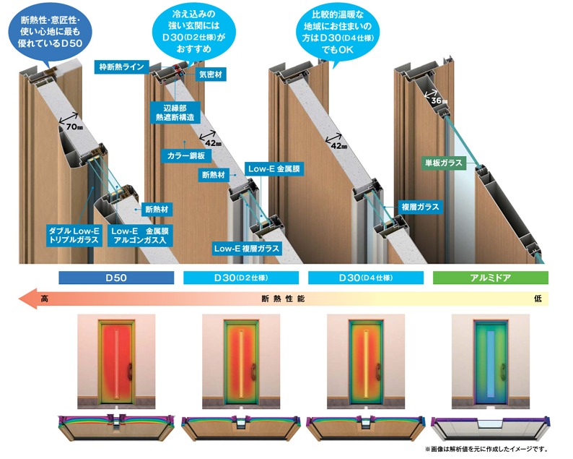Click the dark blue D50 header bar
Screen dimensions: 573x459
click(116, 278)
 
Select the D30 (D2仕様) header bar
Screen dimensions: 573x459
click(241, 278)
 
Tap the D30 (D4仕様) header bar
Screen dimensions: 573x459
click(366, 278)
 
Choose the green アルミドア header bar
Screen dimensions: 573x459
click(491, 278)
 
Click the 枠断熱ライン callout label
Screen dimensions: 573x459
click(122, 67)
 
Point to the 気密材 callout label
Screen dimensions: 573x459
click(211, 74)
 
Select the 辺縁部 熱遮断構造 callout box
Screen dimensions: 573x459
click(175, 113)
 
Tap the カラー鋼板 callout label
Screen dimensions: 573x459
click(186, 155)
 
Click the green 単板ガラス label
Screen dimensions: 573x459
click(444, 163)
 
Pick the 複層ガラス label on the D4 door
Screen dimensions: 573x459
click(420, 207)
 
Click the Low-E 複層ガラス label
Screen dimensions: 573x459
click(247, 249)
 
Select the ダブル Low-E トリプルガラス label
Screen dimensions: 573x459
click(74, 236)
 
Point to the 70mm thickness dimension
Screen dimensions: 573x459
click(74, 126)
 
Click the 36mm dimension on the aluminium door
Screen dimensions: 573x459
click(439, 100)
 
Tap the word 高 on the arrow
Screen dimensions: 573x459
click(44, 299)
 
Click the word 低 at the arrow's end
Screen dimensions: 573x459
click(538, 299)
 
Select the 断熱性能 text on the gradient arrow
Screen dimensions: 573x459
click(283, 299)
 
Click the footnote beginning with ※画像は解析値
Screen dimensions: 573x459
click(486, 449)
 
